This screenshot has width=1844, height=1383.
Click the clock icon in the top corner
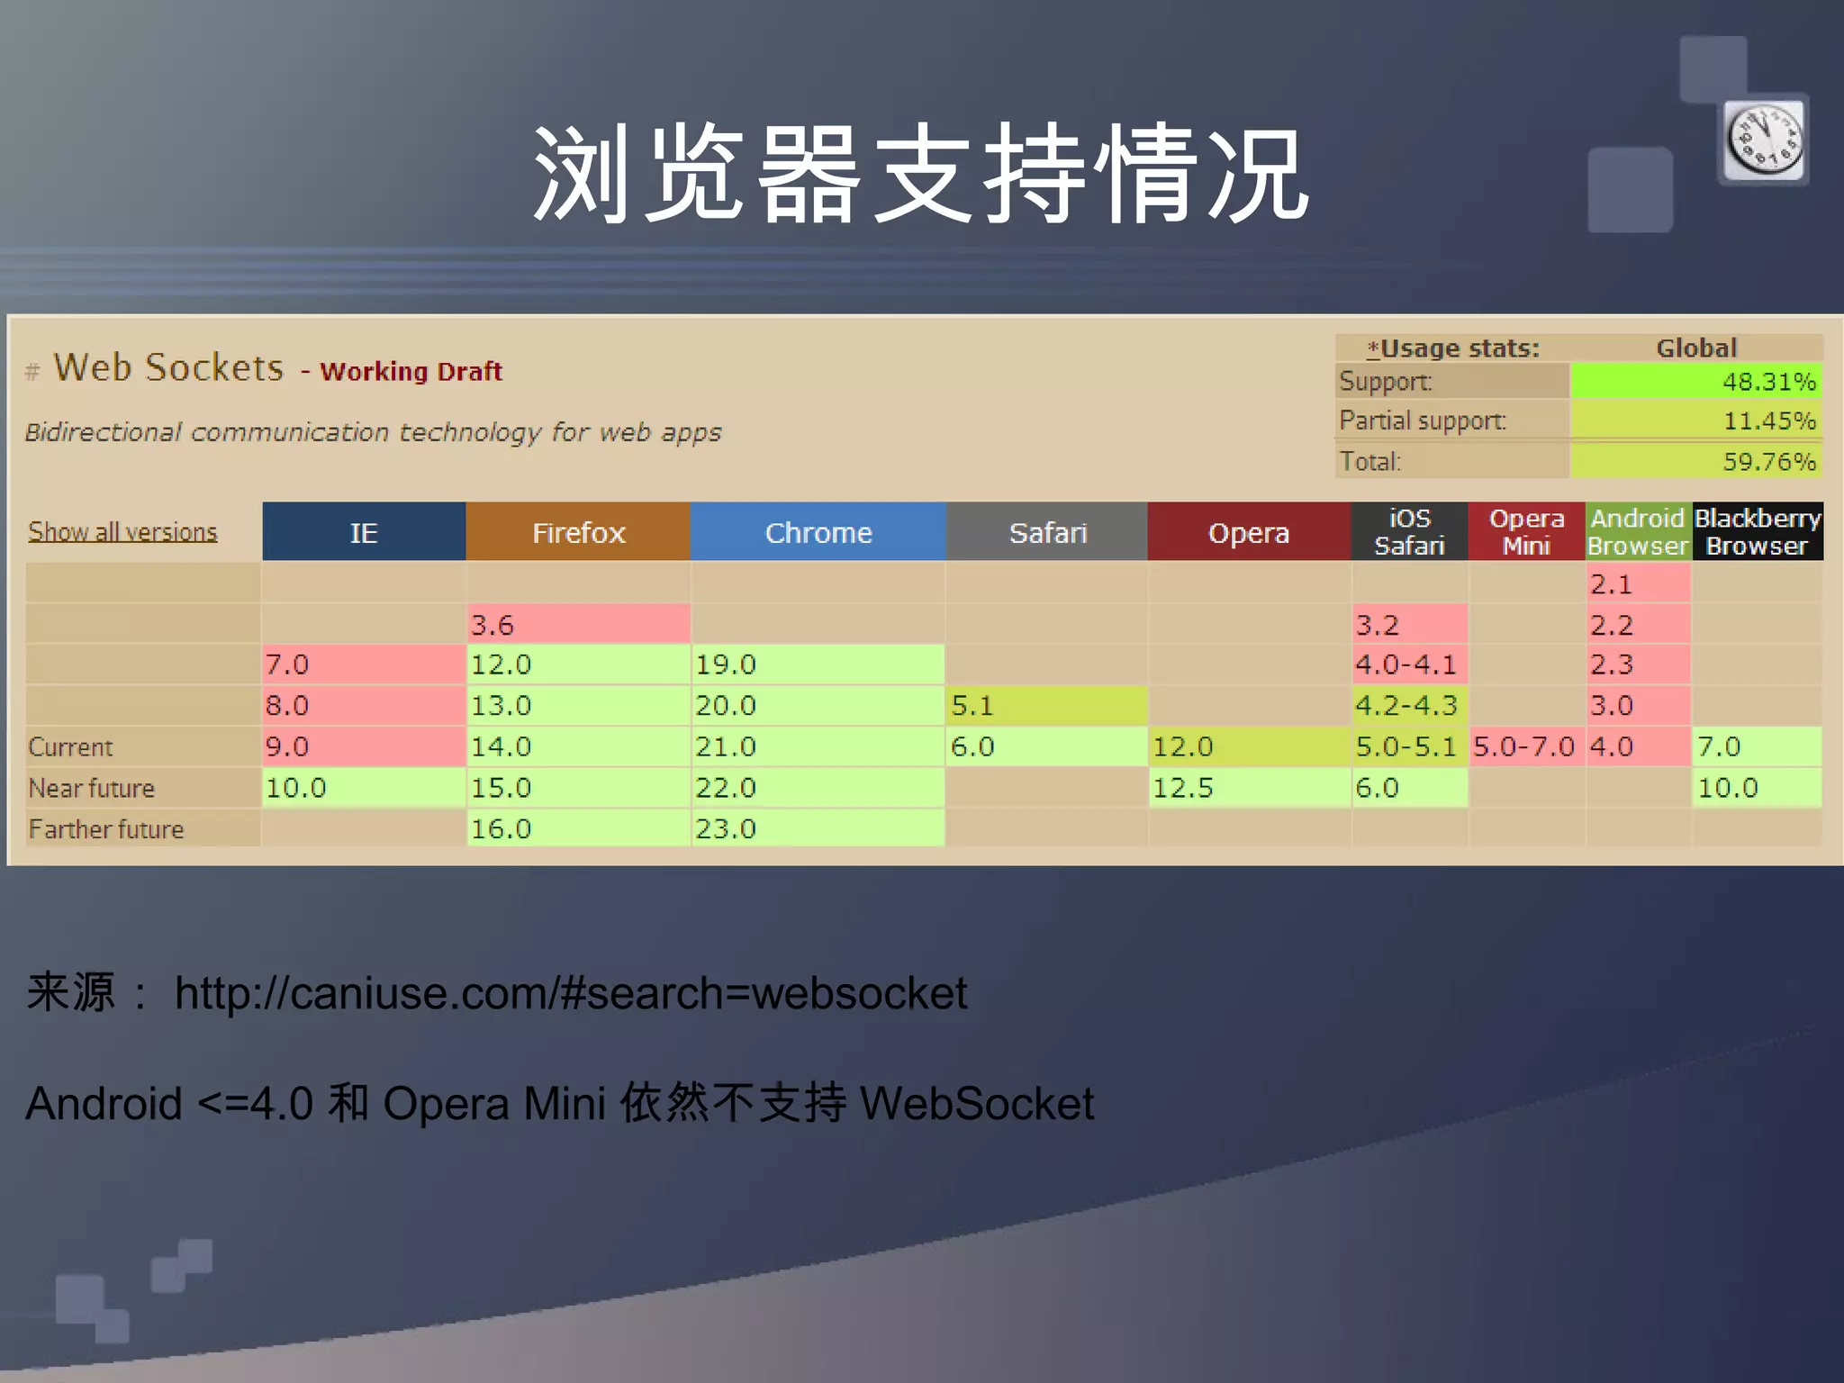(x=1764, y=140)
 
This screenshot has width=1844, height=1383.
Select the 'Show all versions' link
(x=122, y=532)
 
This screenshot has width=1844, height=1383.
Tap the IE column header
(x=364, y=532)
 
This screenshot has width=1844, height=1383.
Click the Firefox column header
(x=578, y=532)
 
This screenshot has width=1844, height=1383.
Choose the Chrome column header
(x=818, y=532)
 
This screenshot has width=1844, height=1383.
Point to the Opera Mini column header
(x=1526, y=532)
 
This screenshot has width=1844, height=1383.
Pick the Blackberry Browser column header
(x=1757, y=532)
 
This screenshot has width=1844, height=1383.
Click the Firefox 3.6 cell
(x=578, y=625)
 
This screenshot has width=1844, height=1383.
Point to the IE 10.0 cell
(x=364, y=788)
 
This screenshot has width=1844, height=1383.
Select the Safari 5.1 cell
(x=1046, y=705)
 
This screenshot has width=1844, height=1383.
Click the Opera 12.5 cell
(x=1249, y=788)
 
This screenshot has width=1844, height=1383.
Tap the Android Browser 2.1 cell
(x=1637, y=584)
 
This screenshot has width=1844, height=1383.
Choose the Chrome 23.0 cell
(x=818, y=828)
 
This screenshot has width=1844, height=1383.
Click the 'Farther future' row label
(x=106, y=829)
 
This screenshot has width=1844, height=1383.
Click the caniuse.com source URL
(x=571, y=993)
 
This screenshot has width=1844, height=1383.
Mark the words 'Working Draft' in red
(x=411, y=372)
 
